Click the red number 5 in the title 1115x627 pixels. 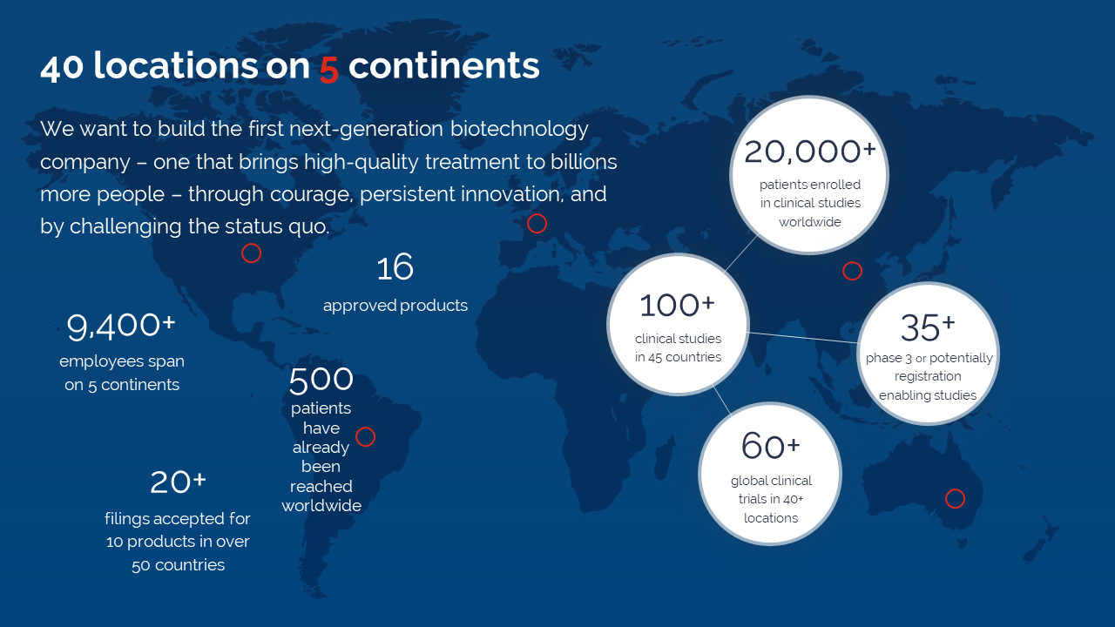coord(329,68)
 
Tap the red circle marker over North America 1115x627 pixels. coord(252,244)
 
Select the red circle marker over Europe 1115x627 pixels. coord(537,214)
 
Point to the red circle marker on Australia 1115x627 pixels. coord(956,489)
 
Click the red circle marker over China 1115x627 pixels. coord(852,262)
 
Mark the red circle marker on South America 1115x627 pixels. coord(365,428)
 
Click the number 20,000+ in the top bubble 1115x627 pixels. coord(810,152)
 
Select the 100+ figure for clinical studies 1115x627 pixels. coord(677,305)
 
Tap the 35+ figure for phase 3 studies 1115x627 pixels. coord(928,327)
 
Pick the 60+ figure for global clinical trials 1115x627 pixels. coord(771,445)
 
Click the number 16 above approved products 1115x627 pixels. coord(395,267)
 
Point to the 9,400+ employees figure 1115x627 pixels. coord(121,327)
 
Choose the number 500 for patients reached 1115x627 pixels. coord(321,380)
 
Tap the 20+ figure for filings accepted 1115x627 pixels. coord(178,482)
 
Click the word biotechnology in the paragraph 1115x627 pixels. coord(520,130)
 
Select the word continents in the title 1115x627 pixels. coord(444,65)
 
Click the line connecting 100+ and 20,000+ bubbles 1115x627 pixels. coord(740,253)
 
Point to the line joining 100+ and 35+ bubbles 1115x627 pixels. coord(804,337)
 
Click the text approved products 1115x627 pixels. coord(395,305)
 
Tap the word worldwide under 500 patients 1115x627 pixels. coord(321,506)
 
